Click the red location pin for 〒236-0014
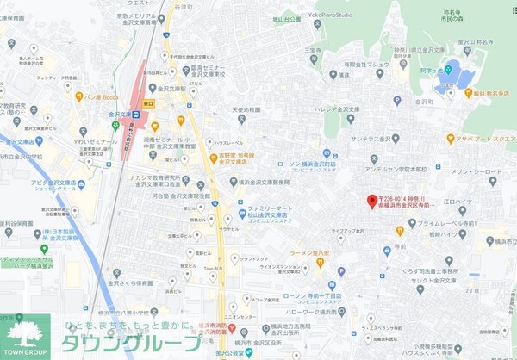[x=372, y=202]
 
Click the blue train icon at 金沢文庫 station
[x=136, y=113]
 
